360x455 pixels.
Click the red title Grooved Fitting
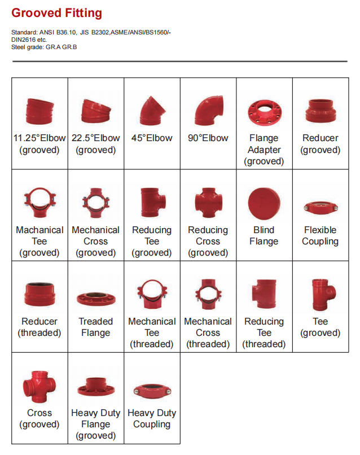coord(56,13)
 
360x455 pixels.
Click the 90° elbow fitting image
coord(209,111)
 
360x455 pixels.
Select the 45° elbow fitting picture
coord(152,111)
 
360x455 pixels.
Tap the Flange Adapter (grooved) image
coord(265,111)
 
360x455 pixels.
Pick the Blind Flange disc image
coord(264,203)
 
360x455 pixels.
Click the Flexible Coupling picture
coord(321,207)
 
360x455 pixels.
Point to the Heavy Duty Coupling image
coord(152,391)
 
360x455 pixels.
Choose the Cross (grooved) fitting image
coord(39,387)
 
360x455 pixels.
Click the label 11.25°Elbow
coord(39,138)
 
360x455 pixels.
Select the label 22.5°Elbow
coord(96,138)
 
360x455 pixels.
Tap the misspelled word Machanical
coord(39,230)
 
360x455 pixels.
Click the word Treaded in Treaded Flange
coord(96,321)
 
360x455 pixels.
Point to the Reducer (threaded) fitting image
coord(39,294)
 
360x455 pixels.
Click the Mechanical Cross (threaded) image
coord(208,295)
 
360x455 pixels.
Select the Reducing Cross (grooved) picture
coord(209,203)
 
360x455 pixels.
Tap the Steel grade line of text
coord(44,47)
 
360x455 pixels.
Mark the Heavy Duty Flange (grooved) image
coord(96,387)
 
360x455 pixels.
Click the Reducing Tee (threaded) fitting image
coord(264,294)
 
